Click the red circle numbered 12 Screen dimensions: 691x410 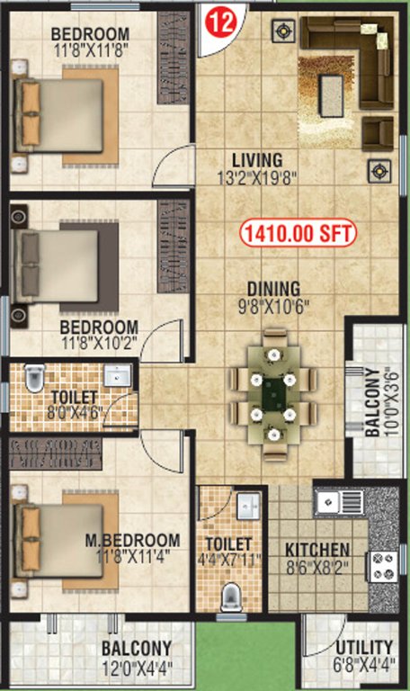(220, 22)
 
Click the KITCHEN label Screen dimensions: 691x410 (317, 550)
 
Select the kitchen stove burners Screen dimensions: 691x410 (384, 565)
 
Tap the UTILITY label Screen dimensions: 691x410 (363, 648)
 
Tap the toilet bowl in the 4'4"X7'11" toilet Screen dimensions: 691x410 (232, 597)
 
